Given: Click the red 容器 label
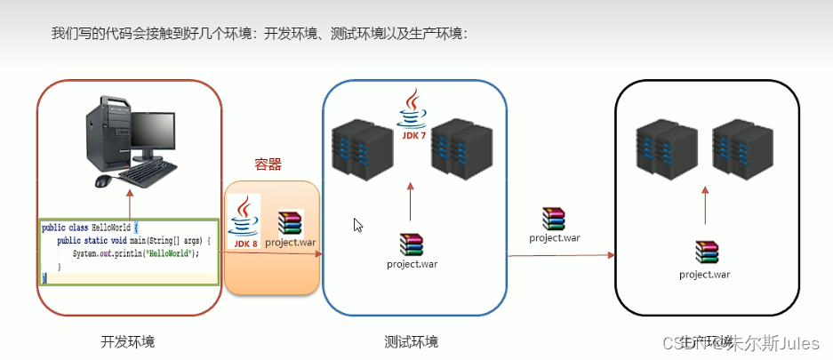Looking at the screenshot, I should click(268, 164).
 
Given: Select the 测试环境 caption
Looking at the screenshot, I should click(411, 342).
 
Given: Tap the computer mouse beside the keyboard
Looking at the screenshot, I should click(104, 181).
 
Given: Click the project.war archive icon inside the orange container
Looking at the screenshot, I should click(291, 223).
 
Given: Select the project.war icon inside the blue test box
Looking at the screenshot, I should click(411, 244).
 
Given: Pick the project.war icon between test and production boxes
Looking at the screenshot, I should click(554, 219).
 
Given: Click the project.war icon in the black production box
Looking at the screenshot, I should click(705, 254).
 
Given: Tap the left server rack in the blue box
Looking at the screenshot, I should click(361, 151).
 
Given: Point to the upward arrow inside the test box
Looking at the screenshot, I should click(411, 201).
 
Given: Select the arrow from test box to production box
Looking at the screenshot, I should click(561, 255).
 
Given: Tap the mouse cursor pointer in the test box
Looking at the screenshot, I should click(357, 225).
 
